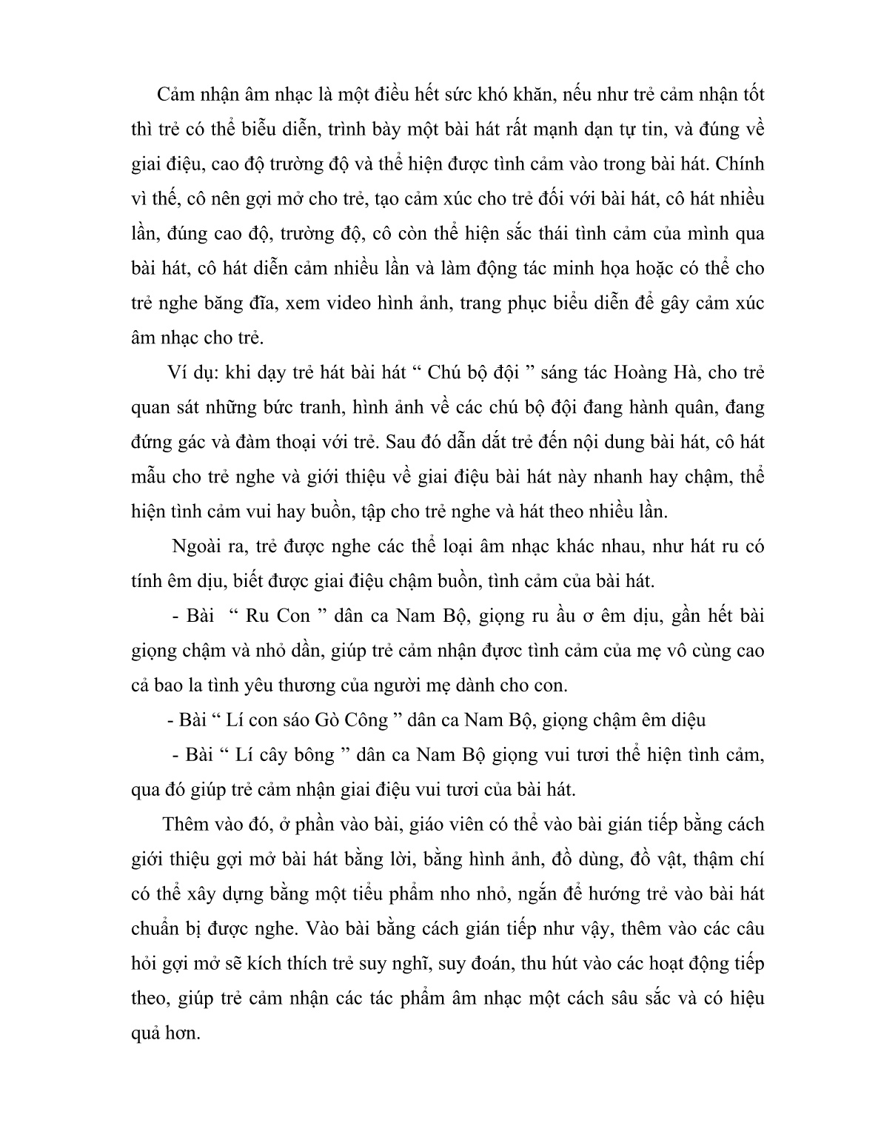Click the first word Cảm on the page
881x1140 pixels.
coord(178,95)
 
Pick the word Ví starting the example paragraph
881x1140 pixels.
coord(180,372)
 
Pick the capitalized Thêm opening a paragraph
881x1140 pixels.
coord(186,824)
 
